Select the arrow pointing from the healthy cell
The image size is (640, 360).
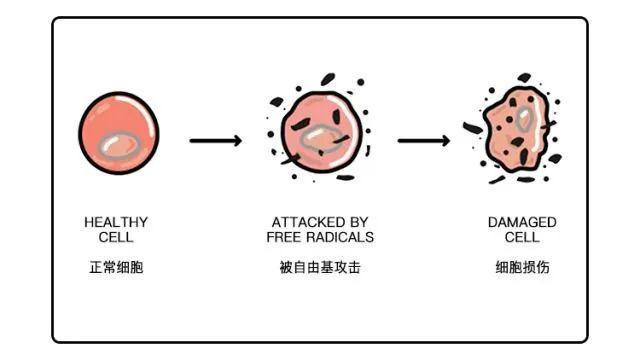[215, 140]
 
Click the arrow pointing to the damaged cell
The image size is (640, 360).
[423, 140]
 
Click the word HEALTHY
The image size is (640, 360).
[116, 222]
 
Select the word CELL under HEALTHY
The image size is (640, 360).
[116, 237]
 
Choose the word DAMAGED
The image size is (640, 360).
[522, 222]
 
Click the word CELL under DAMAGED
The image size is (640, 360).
[522, 237]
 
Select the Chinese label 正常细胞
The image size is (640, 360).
[116, 268]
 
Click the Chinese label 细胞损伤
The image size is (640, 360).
[522, 268]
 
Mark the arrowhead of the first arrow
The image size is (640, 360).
[236, 140]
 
